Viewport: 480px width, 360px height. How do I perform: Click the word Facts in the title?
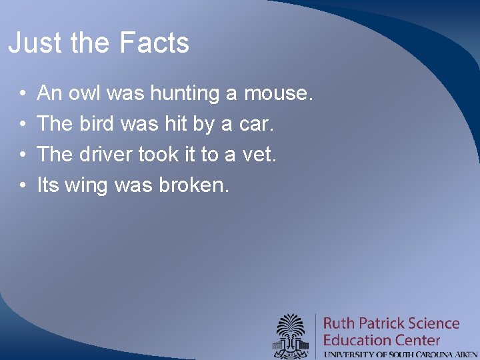click(154, 43)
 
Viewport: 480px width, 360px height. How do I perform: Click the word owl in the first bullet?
click(84, 93)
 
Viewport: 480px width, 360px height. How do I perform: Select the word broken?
click(194, 185)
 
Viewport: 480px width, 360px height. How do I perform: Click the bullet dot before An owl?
click(23, 94)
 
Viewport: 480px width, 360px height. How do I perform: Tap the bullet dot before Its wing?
click(23, 186)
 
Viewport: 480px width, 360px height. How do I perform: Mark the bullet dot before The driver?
click(23, 155)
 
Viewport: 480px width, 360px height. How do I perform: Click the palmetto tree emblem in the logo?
click(291, 333)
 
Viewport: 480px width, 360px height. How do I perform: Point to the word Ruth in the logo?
click(339, 324)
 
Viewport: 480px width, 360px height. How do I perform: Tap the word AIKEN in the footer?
click(464, 354)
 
